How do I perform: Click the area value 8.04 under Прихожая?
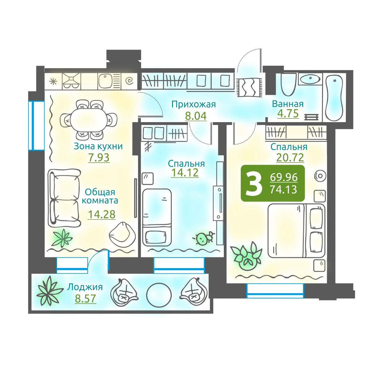click(196, 116)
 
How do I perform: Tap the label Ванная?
click(288, 104)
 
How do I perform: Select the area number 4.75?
click(288, 113)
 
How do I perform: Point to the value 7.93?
click(99, 158)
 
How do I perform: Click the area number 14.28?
click(102, 215)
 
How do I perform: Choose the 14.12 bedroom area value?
click(185, 172)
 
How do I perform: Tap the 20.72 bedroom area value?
click(290, 157)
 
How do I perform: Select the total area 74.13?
click(283, 189)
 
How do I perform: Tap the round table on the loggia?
click(159, 295)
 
